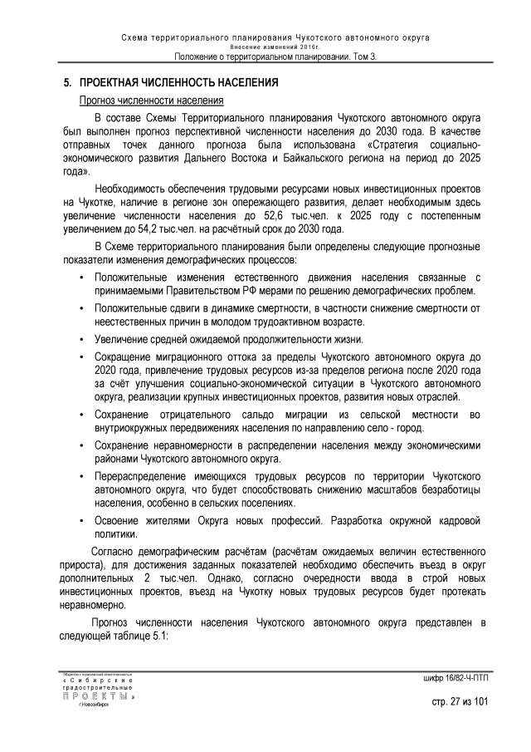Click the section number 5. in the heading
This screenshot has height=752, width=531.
tap(69, 84)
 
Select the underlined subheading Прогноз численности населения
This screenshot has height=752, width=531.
tap(150, 100)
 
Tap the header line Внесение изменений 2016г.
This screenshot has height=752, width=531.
tap(275, 47)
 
